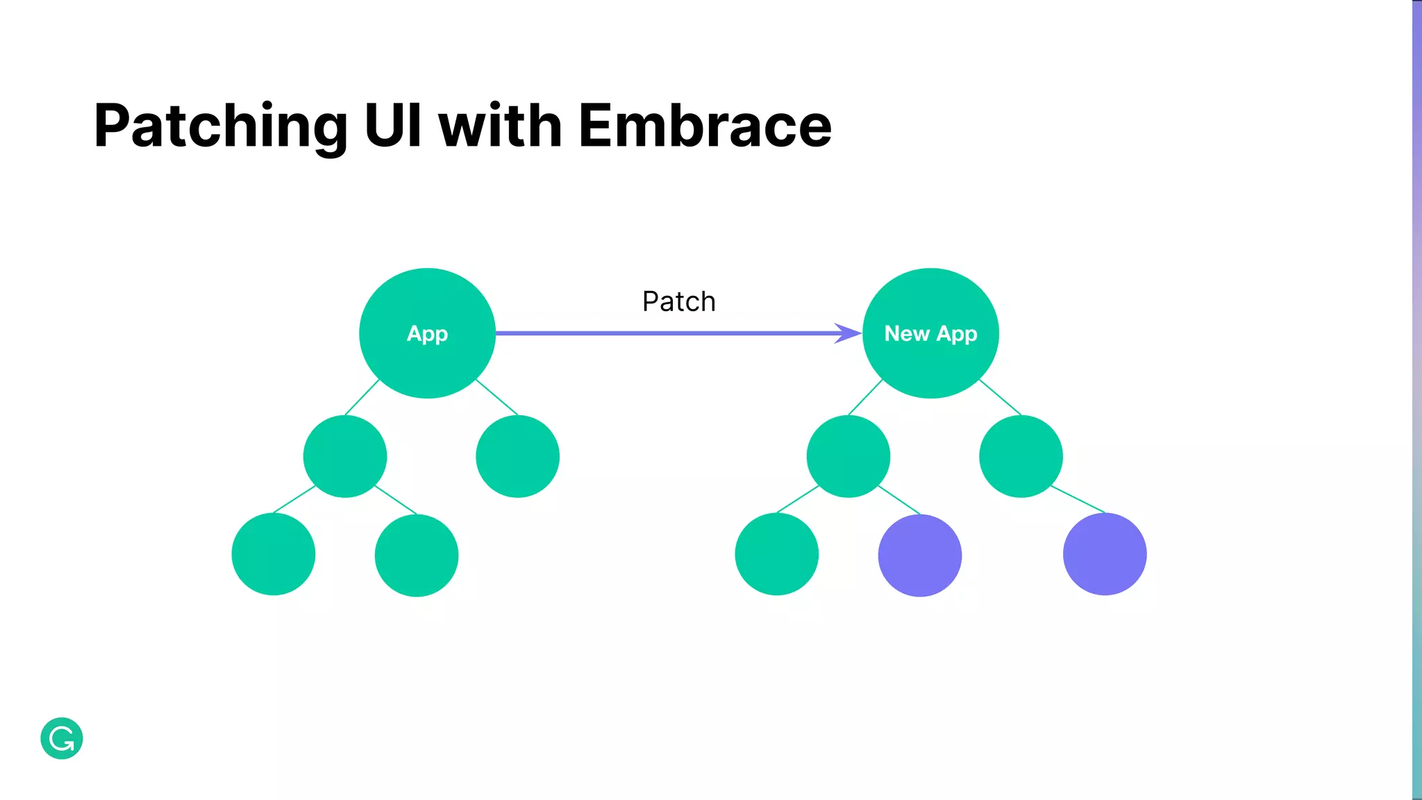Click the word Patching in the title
tap(221, 126)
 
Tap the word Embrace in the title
tap(705, 126)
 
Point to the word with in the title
tap(500, 126)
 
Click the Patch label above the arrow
tap(678, 301)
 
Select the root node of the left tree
tap(427, 333)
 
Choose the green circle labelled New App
tap(930, 333)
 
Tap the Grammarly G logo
tap(62, 738)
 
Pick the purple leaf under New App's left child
tap(920, 555)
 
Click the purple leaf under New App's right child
tap(1105, 553)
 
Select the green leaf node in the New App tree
tap(776, 553)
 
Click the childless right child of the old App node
tap(517, 456)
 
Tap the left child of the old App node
tap(345, 456)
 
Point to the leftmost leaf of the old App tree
tap(274, 553)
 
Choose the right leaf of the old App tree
tap(417, 555)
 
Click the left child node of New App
tap(848, 456)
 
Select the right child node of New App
tap(1021, 456)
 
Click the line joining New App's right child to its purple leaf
tap(1078, 499)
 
